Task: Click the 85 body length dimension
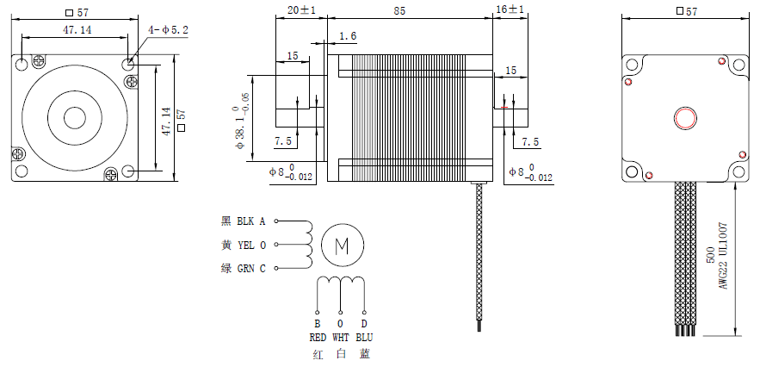click(x=399, y=10)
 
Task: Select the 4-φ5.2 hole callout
click(x=168, y=30)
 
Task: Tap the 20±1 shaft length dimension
click(x=301, y=10)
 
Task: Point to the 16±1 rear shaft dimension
click(x=510, y=10)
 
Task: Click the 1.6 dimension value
click(x=348, y=36)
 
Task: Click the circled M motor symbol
click(x=343, y=246)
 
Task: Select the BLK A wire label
click(x=251, y=221)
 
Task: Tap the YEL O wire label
click(x=251, y=246)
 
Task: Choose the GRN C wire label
click(x=251, y=269)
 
